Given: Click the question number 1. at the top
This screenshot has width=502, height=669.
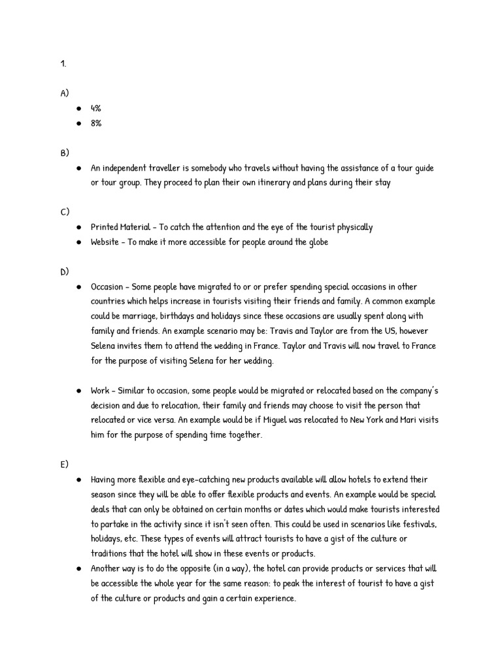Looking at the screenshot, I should click(x=63, y=64).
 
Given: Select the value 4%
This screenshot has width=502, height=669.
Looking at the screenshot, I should click(x=96, y=108).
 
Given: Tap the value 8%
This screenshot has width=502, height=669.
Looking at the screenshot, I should click(x=96, y=123).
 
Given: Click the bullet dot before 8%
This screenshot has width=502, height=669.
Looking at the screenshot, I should click(x=78, y=123).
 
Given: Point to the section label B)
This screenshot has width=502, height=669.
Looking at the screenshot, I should click(x=64, y=153).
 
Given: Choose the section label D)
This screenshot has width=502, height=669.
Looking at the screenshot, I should click(x=64, y=272).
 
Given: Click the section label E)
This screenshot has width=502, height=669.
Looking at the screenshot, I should click(x=64, y=465).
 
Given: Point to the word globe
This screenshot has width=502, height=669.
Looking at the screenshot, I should click(x=316, y=242).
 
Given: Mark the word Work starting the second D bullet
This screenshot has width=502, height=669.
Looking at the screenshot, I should click(x=101, y=391).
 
